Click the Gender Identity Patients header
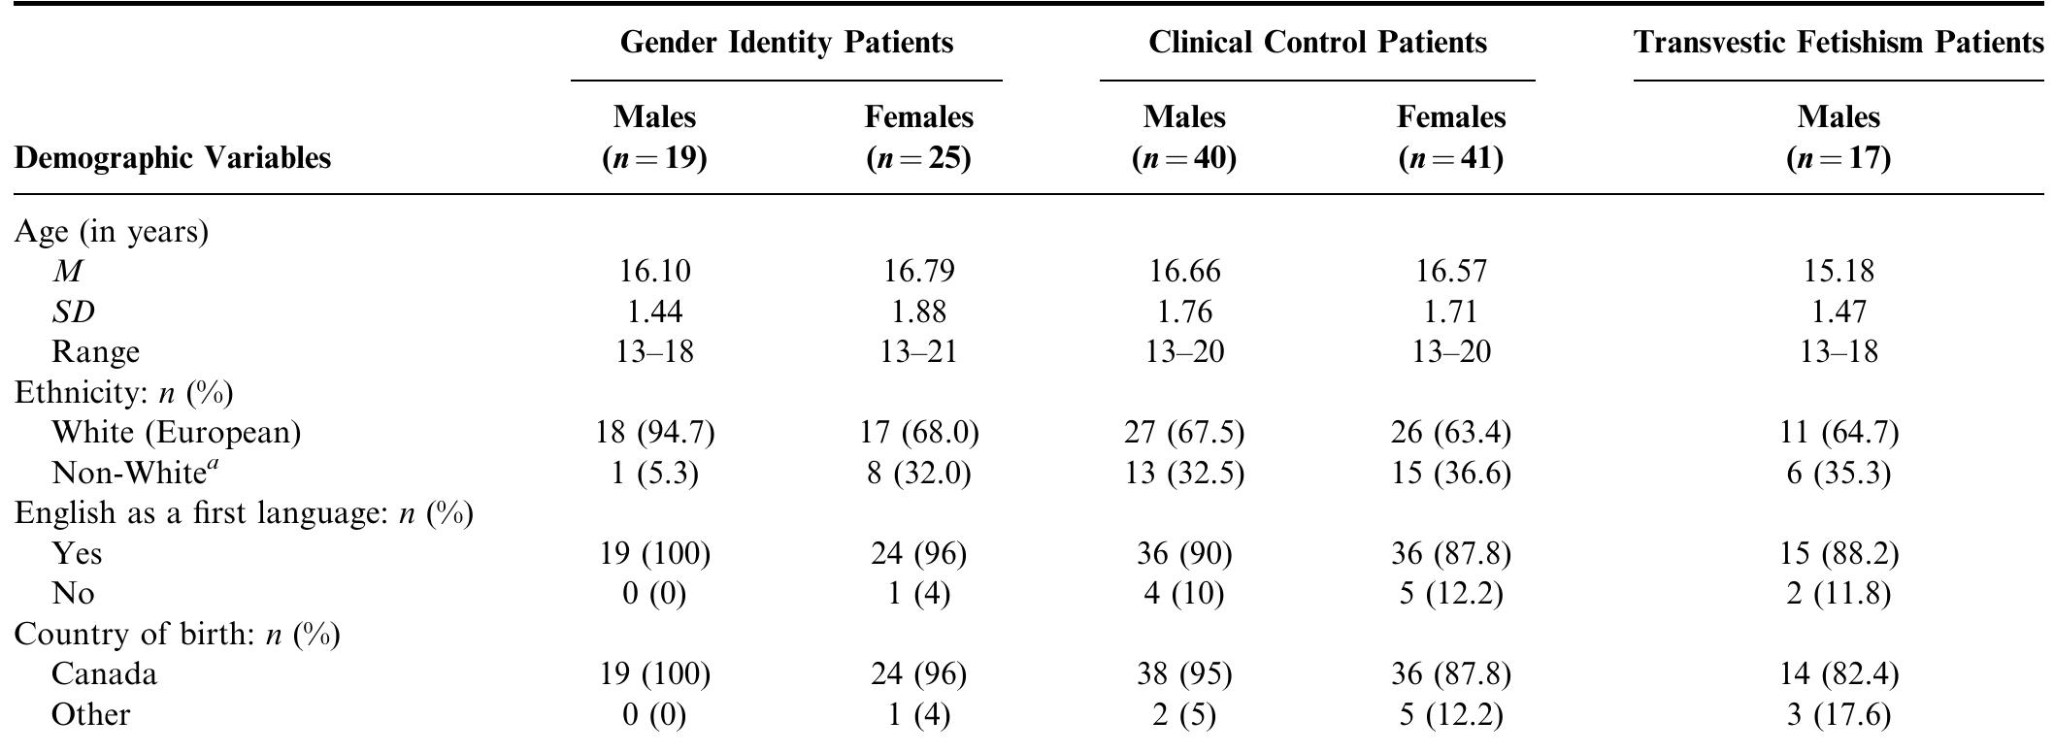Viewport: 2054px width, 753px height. [785, 43]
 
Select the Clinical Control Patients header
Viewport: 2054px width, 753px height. [1316, 43]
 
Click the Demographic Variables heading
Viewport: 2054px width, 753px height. [173, 157]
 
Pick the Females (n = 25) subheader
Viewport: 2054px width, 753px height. [918, 137]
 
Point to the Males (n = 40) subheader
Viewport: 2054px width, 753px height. [1183, 137]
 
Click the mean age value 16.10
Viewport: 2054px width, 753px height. [654, 271]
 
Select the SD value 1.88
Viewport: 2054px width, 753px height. [918, 311]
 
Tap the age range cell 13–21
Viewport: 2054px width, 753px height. [918, 351]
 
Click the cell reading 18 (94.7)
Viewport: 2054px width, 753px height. [654, 432]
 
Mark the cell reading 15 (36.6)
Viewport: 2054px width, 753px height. [1450, 473]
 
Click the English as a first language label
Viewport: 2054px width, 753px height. [243, 512]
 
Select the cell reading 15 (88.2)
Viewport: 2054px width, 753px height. [1838, 553]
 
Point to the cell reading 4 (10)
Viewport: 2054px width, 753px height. [1183, 593]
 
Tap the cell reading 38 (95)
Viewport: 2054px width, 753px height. [1183, 673]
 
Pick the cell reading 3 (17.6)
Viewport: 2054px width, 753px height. [1838, 714]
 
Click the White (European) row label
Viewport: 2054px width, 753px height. [176, 432]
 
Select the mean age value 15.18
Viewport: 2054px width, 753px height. [1838, 271]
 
